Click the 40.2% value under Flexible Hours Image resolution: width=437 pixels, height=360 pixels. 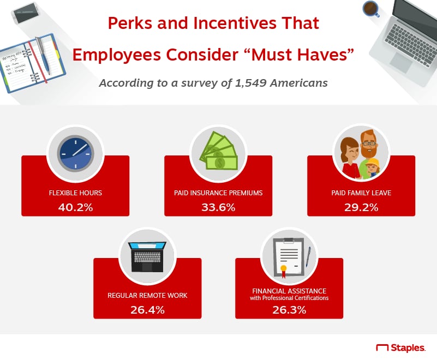75,207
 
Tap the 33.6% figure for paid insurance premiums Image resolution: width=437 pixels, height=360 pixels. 218,207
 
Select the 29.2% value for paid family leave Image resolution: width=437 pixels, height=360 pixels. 361,207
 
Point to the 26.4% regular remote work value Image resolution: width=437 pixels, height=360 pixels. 147,310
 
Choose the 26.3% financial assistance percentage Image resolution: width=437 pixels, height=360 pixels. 289,310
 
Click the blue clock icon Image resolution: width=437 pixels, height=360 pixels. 75,153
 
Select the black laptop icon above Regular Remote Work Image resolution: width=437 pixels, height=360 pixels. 147,256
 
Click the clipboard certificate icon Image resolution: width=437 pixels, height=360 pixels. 289,257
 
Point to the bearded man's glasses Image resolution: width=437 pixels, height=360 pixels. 369,144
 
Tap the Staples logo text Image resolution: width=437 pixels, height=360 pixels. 408,348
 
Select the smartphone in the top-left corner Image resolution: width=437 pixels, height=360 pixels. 26,13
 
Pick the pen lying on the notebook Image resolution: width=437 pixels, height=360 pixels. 43,55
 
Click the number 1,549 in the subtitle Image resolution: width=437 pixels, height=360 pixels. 251,83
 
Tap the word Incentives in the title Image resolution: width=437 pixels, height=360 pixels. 235,23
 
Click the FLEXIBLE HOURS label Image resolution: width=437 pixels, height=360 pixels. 75,193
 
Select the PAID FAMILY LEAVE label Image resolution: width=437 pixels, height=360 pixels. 361,193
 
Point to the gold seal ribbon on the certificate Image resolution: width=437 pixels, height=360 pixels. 284,271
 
